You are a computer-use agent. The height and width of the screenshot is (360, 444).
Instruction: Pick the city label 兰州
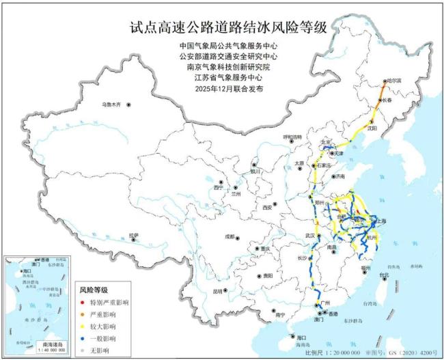(x=237, y=194)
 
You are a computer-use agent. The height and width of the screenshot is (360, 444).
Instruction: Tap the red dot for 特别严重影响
(x=84, y=301)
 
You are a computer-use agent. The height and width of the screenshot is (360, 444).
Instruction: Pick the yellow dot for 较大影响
(x=84, y=326)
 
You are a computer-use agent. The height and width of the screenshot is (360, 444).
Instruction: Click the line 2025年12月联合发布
(x=228, y=89)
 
